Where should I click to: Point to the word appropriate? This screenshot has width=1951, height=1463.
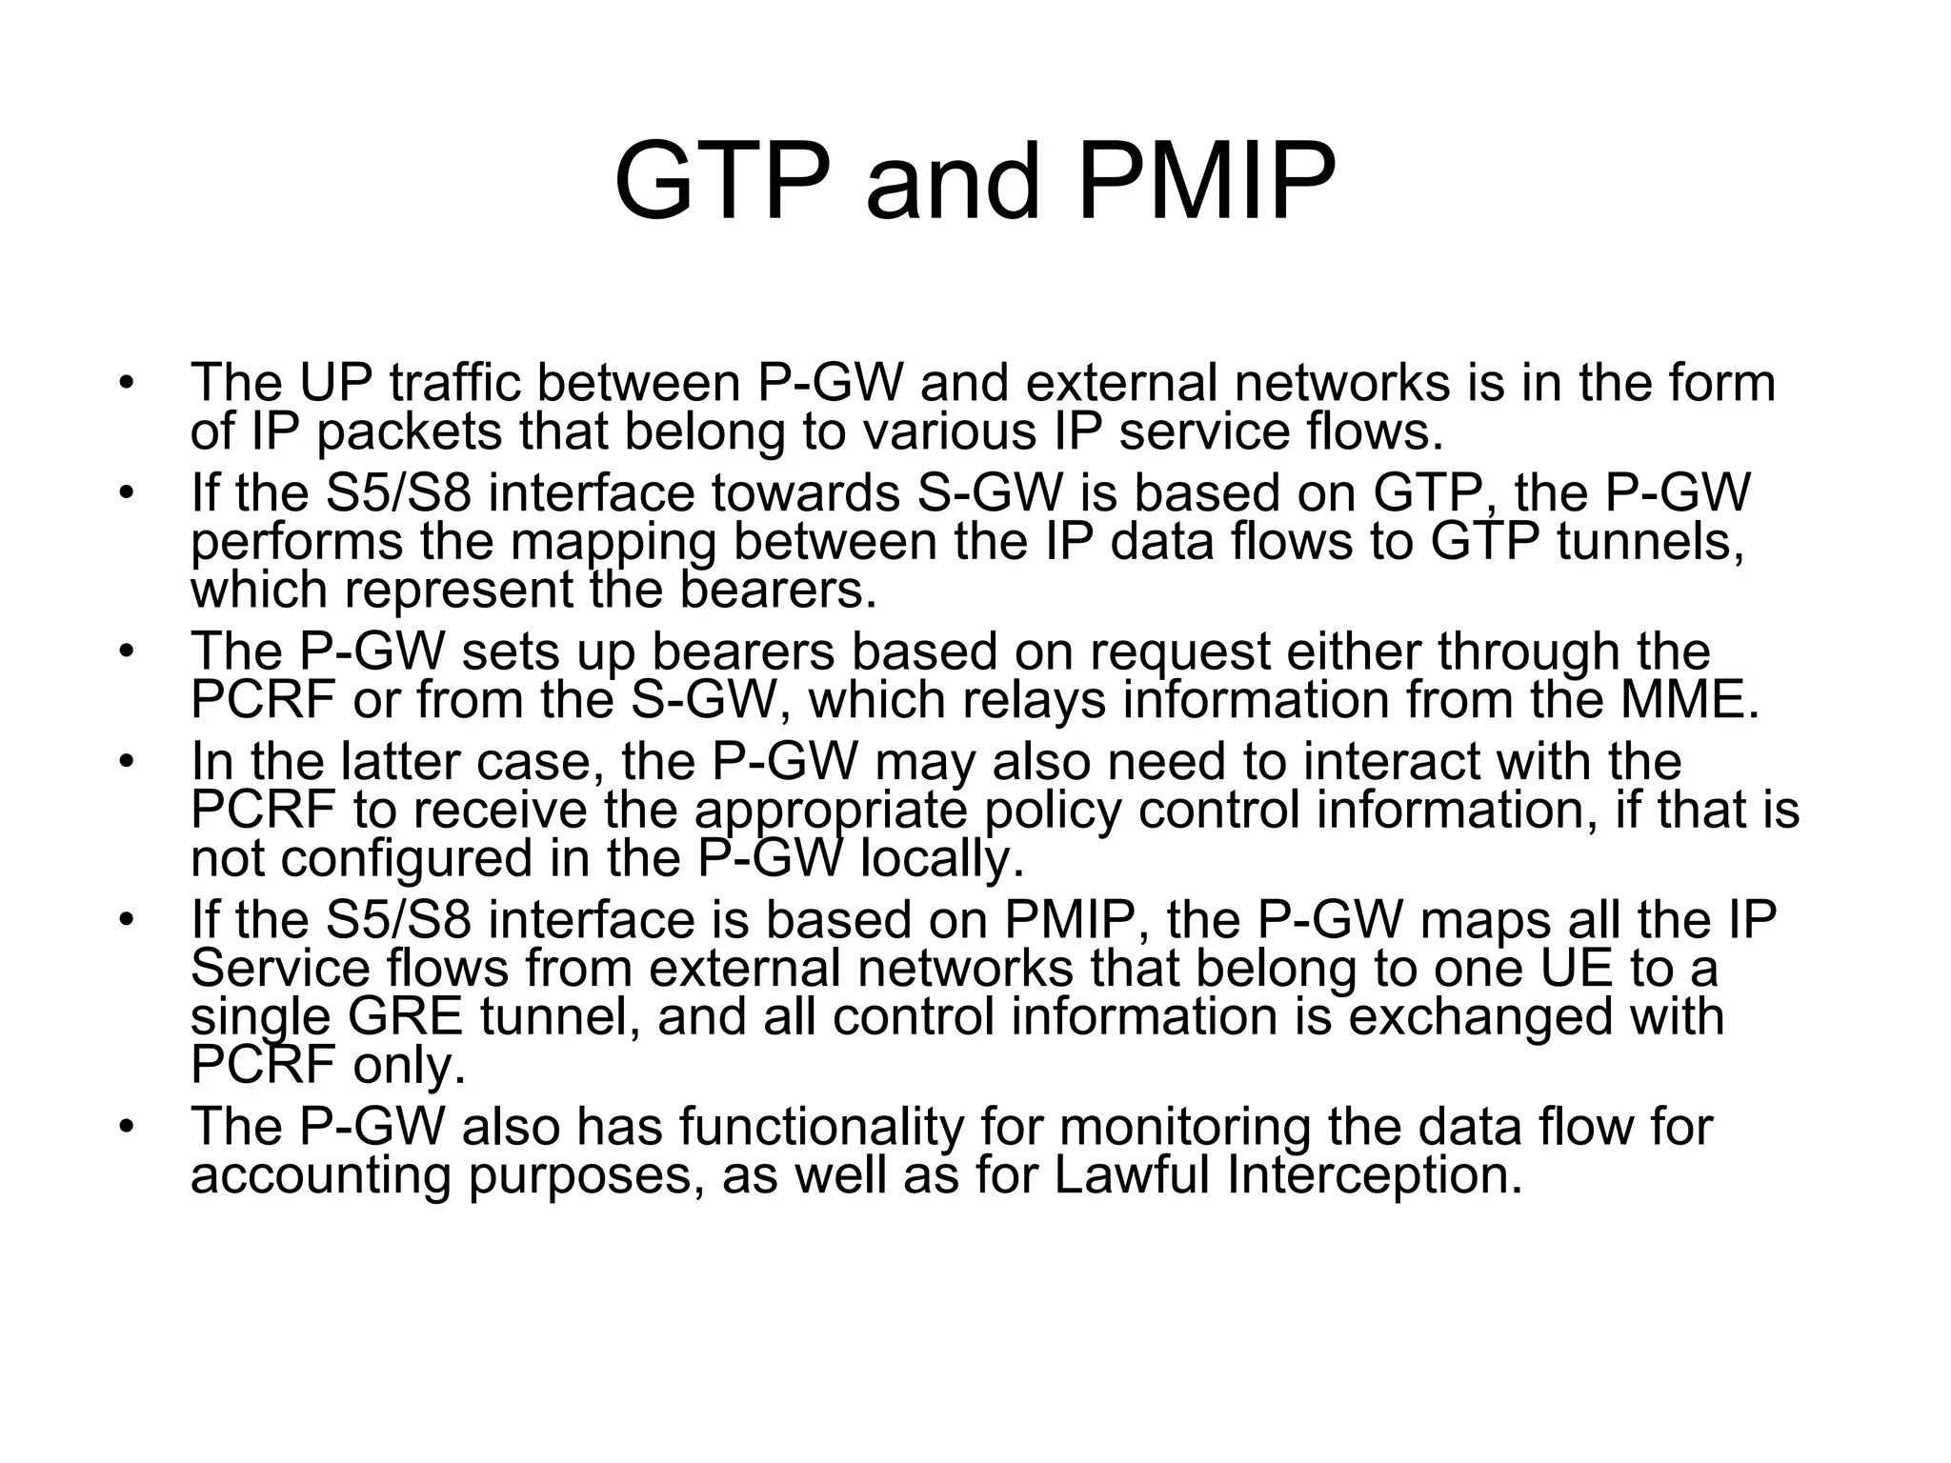[x=830, y=811]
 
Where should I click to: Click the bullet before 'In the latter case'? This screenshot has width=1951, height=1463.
[x=124, y=761]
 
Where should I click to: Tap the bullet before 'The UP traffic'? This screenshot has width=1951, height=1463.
[x=124, y=383]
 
